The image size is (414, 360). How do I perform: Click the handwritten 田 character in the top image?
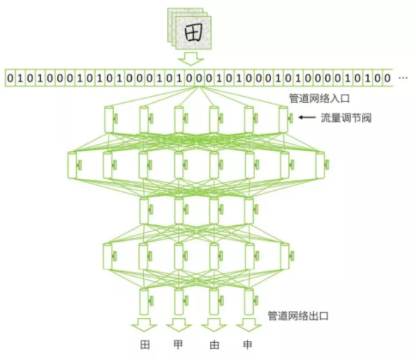click(x=194, y=33)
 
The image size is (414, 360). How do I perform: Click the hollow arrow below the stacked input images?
click(x=191, y=59)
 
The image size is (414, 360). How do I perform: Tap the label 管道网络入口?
click(x=319, y=98)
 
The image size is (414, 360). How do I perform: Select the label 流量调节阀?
click(x=346, y=118)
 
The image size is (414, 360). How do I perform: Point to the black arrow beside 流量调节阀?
click(x=306, y=117)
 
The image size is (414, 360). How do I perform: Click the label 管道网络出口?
click(x=298, y=315)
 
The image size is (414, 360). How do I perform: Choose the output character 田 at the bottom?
click(x=145, y=345)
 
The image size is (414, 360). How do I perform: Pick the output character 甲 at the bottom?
click(x=178, y=345)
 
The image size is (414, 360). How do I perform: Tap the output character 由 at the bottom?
click(x=214, y=345)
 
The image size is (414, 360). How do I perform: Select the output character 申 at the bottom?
click(x=247, y=345)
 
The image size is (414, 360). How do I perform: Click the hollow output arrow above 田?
click(x=144, y=325)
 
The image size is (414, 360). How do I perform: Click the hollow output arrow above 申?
click(x=249, y=325)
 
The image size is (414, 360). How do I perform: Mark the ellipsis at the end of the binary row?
click(x=403, y=78)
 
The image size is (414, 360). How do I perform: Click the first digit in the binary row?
click(x=10, y=78)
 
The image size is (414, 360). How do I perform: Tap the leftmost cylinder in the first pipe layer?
click(x=109, y=119)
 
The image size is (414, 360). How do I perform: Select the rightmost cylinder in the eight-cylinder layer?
click(x=320, y=165)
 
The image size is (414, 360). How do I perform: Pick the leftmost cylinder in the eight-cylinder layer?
click(x=72, y=165)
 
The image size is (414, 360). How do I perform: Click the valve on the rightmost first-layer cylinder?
click(x=290, y=118)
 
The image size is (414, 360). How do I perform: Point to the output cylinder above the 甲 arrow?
click(x=179, y=301)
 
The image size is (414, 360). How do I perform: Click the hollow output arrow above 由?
click(x=214, y=325)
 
